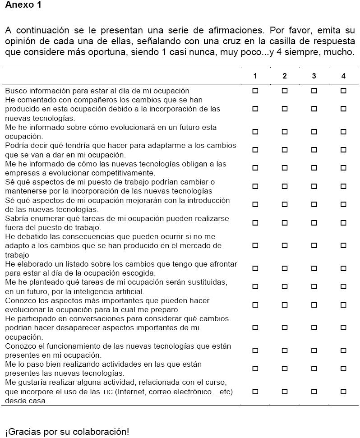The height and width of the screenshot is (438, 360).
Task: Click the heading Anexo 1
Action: [23, 5]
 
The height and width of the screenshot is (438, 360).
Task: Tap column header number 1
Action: [255, 76]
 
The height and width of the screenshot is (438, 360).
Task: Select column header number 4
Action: [343, 76]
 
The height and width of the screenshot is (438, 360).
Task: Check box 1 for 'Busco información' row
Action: [255, 91]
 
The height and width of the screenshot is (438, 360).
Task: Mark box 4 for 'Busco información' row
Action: [343, 91]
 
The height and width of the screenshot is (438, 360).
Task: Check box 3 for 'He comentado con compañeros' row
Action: [314, 109]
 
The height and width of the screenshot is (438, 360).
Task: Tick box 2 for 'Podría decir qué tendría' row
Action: [285, 150]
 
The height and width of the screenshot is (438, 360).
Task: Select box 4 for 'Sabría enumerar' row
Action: [343, 222]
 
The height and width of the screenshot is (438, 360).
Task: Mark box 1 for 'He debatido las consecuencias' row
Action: [255, 245]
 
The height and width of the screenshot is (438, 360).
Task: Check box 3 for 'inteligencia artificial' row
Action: [314, 286]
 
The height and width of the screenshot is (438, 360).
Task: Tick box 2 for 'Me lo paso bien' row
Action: [285, 369]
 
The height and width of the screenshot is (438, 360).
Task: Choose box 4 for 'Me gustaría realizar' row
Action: [343, 392]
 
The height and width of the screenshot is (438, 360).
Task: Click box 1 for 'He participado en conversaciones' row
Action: [255, 327]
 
